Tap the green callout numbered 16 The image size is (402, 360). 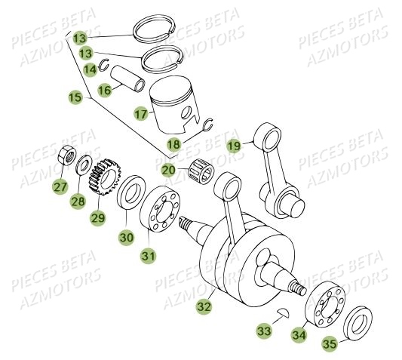(104, 90)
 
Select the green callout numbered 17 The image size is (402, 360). (140, 114)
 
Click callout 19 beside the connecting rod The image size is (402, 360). (235, 146)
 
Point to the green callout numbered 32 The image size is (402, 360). (203, 306)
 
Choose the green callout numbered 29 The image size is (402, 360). (97, 218)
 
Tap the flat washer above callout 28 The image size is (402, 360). (84, 162)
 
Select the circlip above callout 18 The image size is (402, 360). (207, 125)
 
